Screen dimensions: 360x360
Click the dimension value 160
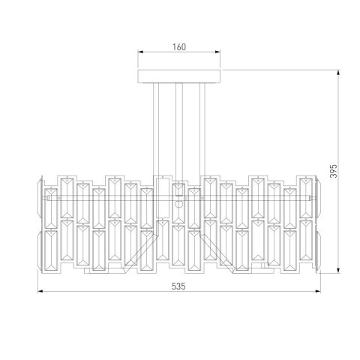point(178,46)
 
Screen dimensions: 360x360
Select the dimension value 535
point(178,286)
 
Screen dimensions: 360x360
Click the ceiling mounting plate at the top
point(178,76)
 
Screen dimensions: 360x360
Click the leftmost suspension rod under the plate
point(156,127)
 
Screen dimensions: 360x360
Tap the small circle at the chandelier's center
point(178,203)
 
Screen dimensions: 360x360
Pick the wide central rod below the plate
point(178,127)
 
